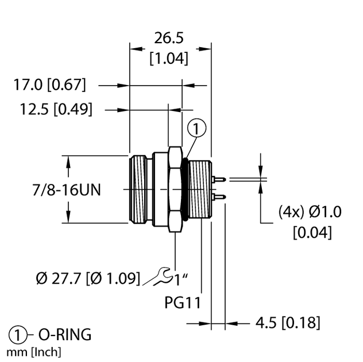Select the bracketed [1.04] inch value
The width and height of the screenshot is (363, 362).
(x=168, y=58)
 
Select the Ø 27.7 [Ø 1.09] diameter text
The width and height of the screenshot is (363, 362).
(x=88, y=279)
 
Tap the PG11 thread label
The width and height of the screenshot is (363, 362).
(x=182, y=302)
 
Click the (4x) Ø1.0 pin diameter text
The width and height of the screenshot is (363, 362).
(x=310, y=212)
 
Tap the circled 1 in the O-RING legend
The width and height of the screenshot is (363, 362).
(x=18, y=335)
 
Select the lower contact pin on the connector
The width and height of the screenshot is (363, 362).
(x=218, y=198)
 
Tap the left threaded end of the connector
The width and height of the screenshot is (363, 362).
(x=139, y=189)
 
